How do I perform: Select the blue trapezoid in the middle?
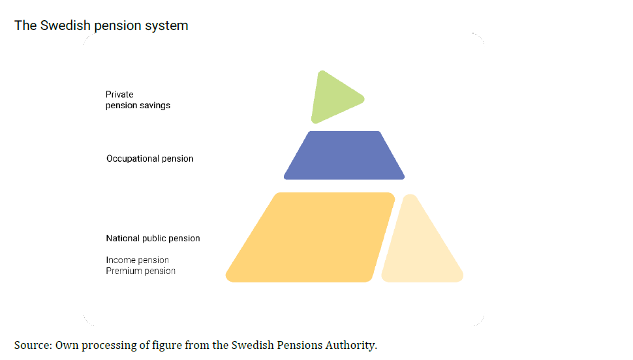click(344, 155)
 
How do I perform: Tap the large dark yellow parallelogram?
click(310, 237)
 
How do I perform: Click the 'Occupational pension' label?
click(149, 158)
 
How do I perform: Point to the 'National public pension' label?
click(153, 238)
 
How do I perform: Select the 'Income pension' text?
click(137, 260)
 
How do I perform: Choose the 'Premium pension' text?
click(140, 271)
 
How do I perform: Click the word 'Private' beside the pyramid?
click(119, 95)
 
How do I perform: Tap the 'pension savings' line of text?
click(138, 105)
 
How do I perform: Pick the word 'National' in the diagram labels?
click(123, 238)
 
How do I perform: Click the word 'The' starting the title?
click(25, 26)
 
